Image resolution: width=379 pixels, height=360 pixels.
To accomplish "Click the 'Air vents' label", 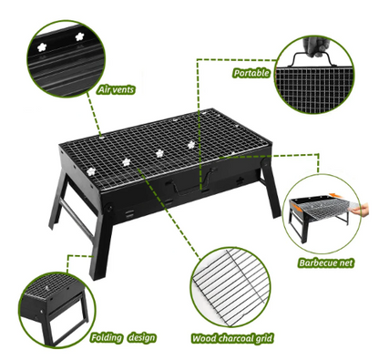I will [116, 91].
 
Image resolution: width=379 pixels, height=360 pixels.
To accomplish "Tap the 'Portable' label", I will [251, 72].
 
